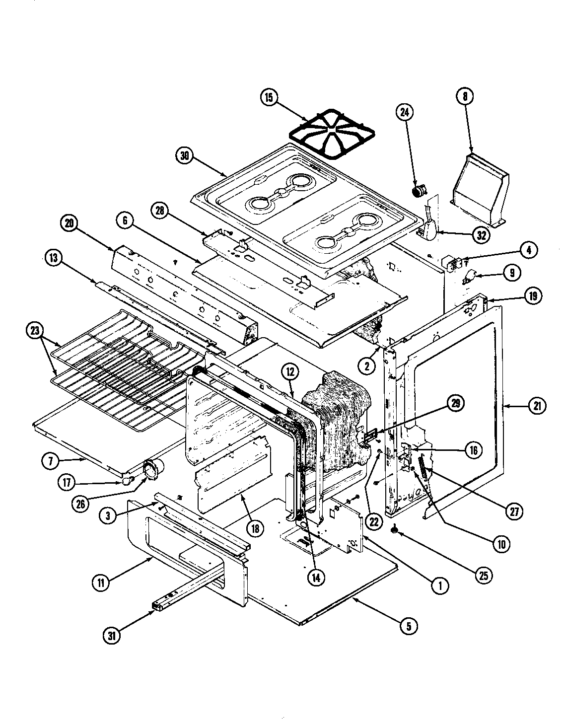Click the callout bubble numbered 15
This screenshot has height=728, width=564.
[269, 97]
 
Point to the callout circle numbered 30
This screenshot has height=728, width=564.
[184, 155]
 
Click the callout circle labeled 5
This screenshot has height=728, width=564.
[408, 627]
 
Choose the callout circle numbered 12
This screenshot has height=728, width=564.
[288, 370]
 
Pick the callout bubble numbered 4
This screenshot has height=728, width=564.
[529, 251]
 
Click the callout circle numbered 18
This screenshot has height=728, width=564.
[255, 528]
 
